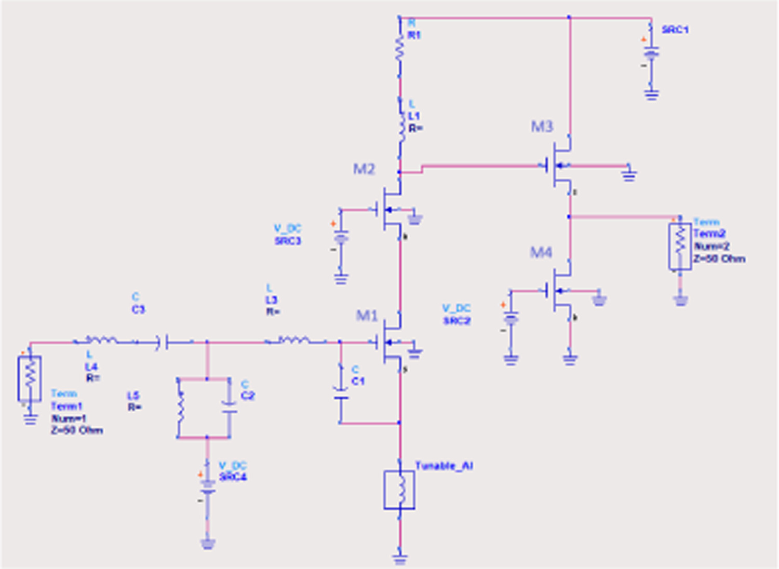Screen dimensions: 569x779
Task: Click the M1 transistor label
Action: point(367,315)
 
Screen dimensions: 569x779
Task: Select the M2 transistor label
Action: point(364,169)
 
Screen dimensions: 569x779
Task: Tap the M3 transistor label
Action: point(542,126)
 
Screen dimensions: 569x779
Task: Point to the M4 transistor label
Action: point(541,252)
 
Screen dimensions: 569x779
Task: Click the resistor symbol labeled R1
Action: point(399,49)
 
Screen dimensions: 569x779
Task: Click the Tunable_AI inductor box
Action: point(399,490)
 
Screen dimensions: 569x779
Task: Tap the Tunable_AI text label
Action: point(444,466)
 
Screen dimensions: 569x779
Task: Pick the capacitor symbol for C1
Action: point(341,393)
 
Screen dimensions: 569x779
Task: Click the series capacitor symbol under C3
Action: point(163,342)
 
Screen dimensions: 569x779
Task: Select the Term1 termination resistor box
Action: point(30,378)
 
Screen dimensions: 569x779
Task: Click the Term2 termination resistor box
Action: point(680,246)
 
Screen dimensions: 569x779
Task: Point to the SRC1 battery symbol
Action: point(651,53)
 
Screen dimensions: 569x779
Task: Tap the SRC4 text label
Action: point(233,477)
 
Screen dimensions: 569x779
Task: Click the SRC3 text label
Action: point(288,241)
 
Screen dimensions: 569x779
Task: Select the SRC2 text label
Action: point(456,320)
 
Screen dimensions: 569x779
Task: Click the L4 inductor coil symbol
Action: point(102,341)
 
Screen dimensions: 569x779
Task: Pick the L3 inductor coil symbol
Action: point(294,341)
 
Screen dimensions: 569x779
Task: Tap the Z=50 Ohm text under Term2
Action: point(719,259)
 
